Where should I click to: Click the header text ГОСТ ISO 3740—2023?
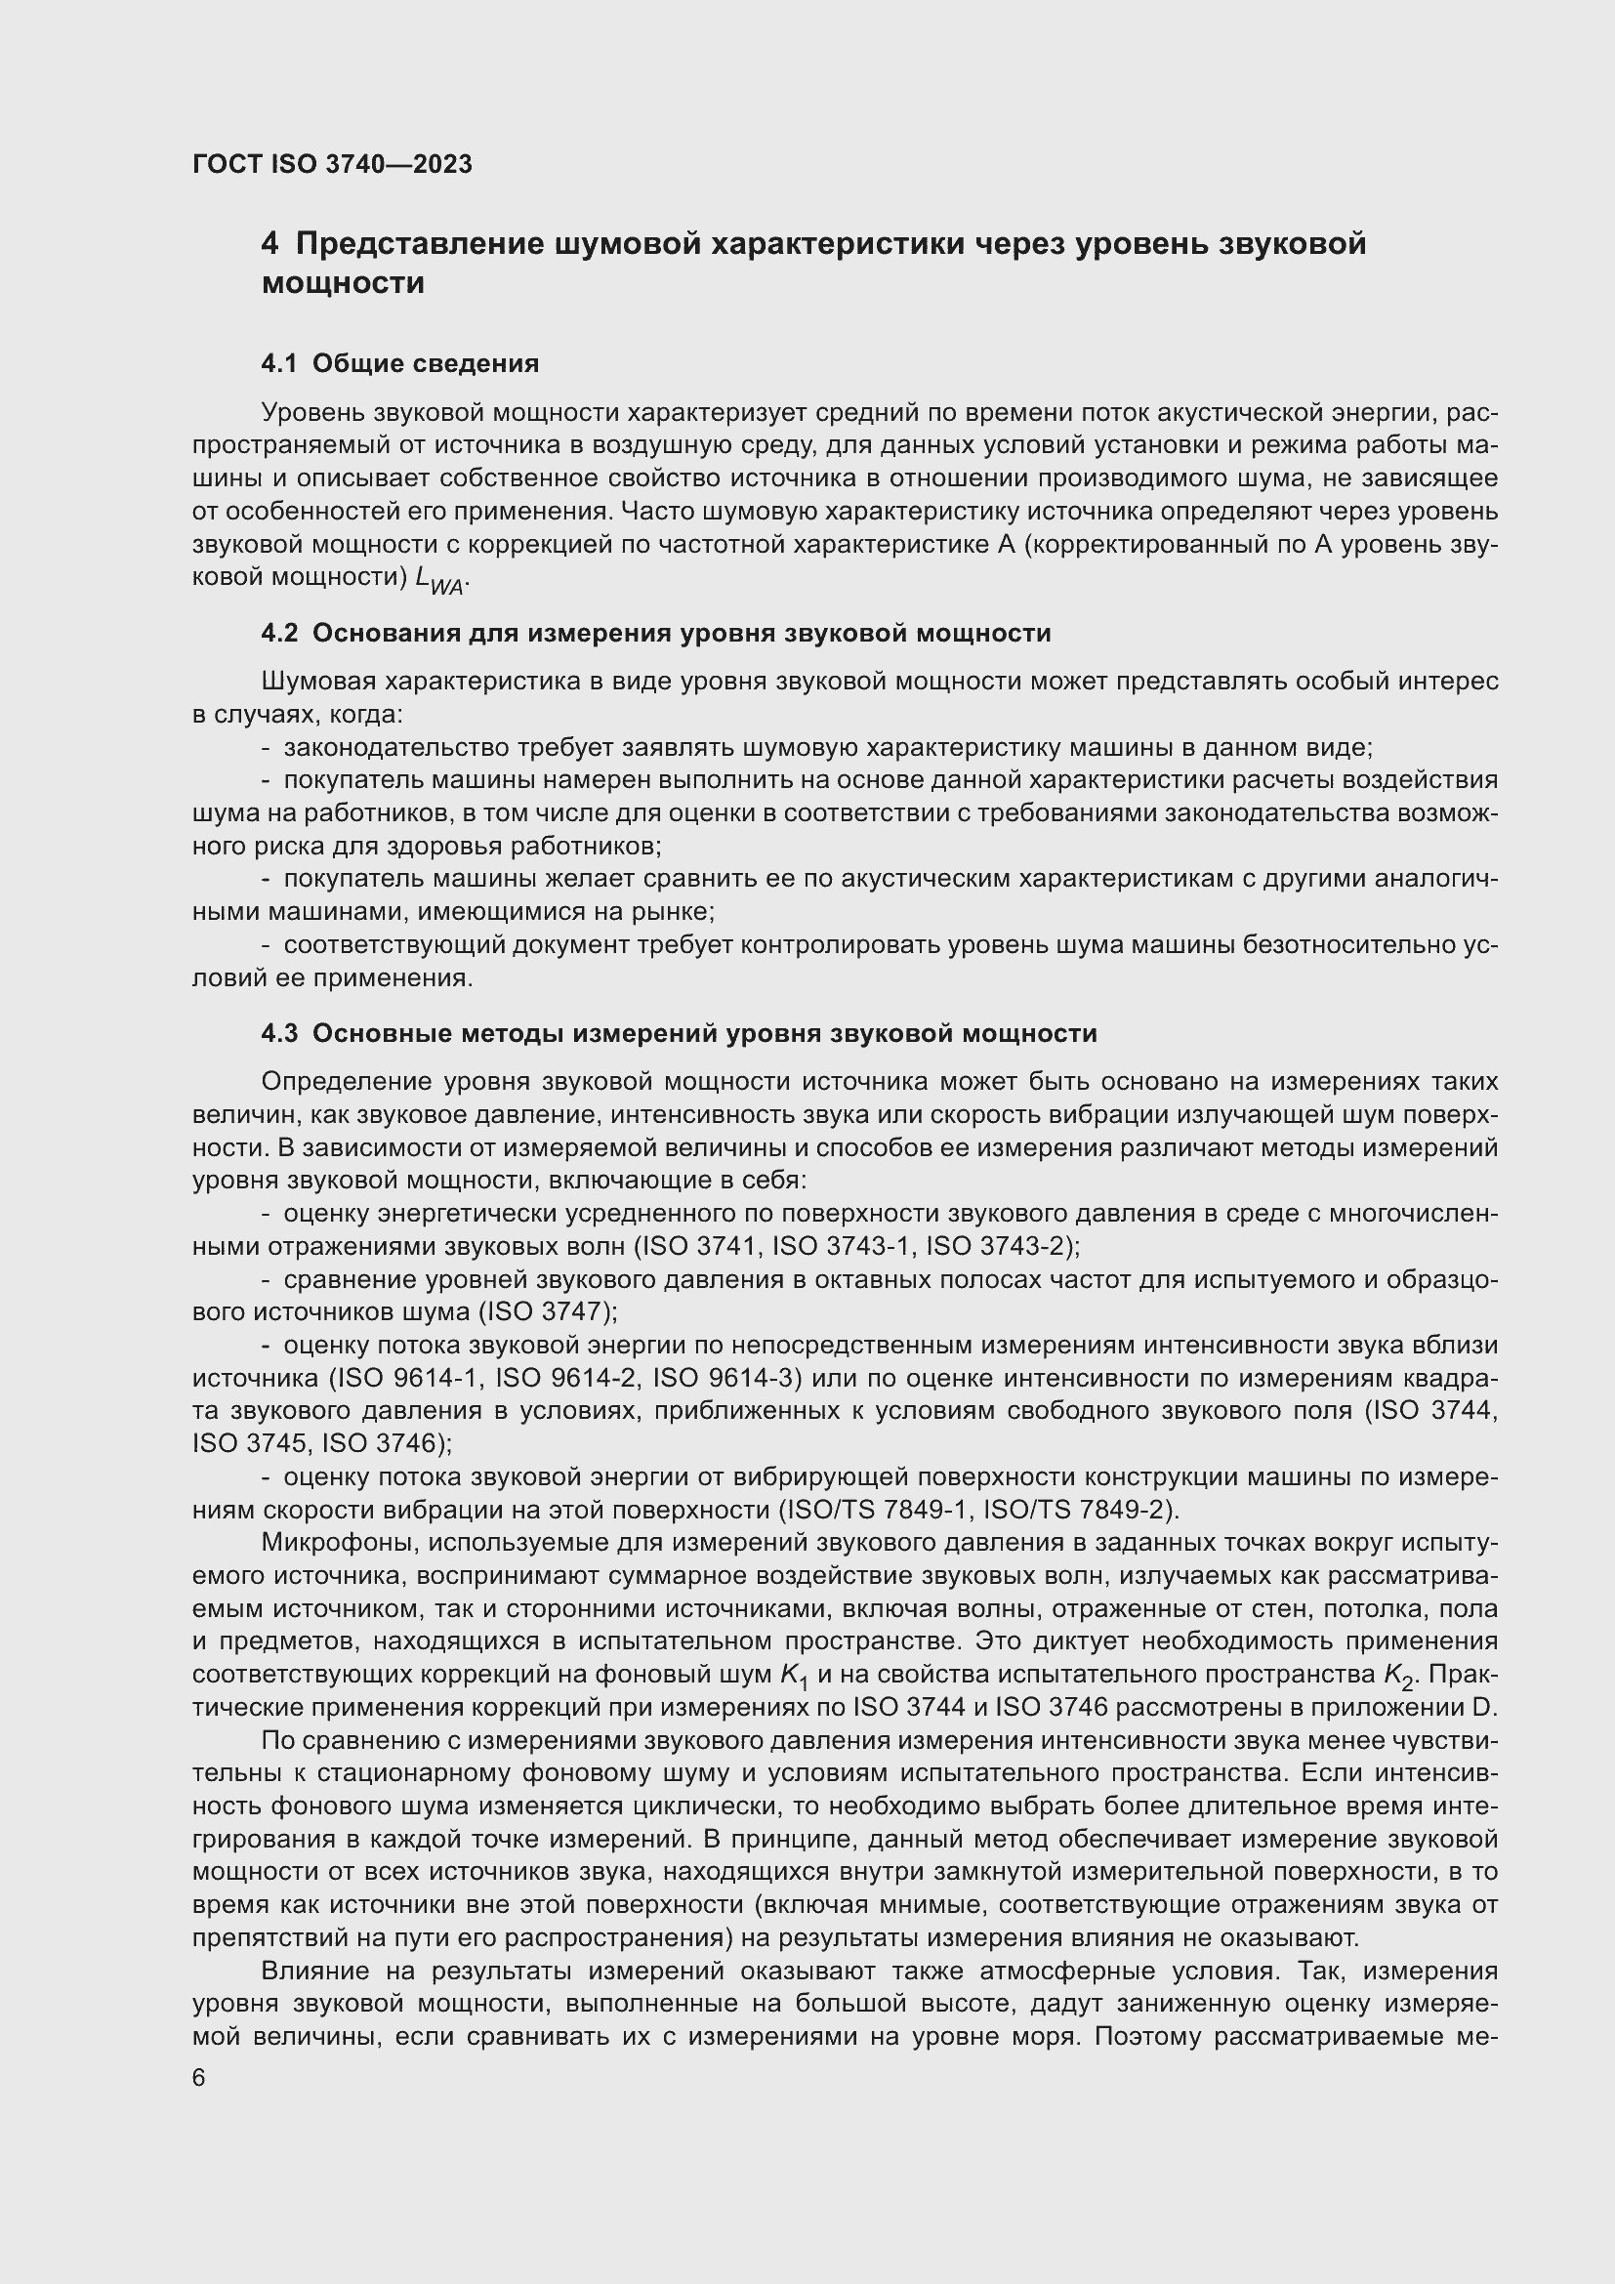pyautogui.click(x=331, y=164)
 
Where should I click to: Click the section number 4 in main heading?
pyautogui.click(x=269, y=244)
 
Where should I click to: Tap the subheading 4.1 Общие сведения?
pyautogui.click(x=399, y=363)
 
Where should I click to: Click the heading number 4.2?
pyautogui.click(x=279, y=633)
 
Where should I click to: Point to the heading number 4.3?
pyautogui.click(x=279, y=1032)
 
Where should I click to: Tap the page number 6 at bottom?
pyautogui.click(x=199, y=2078)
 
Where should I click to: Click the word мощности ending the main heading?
pyautogui.click(x=343, y=283)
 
